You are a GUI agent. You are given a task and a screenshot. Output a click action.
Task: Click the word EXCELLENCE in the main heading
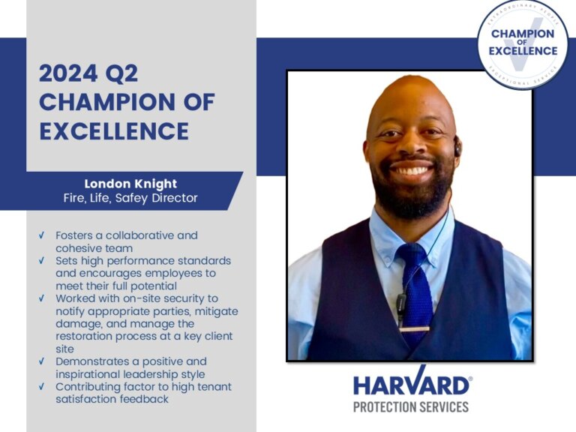click(114, 130)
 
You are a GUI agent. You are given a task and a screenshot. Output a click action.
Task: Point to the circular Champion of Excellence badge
click(523, 44)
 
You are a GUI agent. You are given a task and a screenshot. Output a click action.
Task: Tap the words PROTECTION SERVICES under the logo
click(411, 406)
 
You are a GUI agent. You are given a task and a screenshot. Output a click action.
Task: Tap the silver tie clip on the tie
click(415, 328)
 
